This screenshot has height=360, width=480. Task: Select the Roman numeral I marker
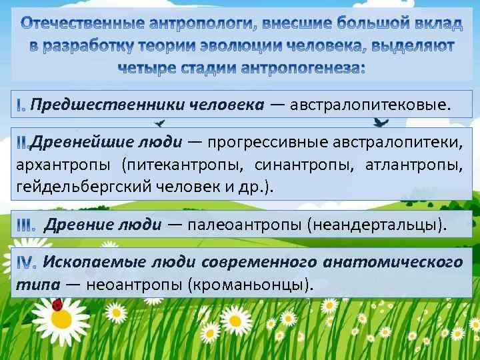[x=21, y=105]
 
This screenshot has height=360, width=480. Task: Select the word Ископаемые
[x=94, y=262]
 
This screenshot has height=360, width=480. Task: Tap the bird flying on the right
[x=382, y=122]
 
